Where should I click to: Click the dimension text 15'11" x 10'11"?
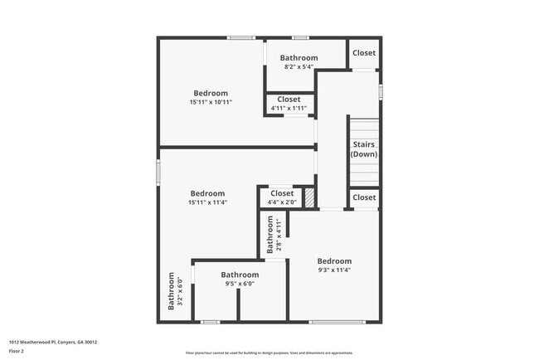211,102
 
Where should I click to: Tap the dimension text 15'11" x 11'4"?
208,202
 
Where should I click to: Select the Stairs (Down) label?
363,149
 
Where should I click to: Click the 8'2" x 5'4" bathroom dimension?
299,67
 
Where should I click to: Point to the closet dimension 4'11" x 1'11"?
289,108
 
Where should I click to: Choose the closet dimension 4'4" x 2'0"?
282,202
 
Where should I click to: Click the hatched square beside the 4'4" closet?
308,198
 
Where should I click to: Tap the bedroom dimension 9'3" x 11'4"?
334,270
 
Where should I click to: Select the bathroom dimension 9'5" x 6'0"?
240,284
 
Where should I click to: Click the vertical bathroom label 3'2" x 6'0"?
176,292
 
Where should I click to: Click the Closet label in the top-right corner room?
363,53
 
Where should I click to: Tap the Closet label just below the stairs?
363,197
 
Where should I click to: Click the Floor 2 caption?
17,351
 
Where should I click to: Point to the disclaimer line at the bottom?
269,353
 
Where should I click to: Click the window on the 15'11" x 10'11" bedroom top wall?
241,37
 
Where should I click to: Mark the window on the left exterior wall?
158,173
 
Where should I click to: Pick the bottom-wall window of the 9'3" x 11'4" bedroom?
337,322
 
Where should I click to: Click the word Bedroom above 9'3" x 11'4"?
334,260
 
